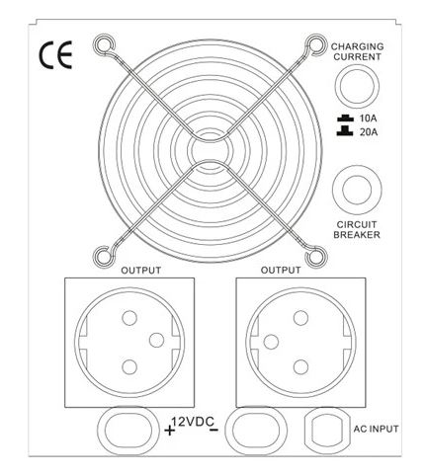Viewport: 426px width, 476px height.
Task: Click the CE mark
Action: pos(55,55)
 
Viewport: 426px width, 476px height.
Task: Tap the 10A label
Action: pos(369,119)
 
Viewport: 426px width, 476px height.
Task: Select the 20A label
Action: pos(369,132)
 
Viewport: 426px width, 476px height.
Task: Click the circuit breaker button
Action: pos(357,190)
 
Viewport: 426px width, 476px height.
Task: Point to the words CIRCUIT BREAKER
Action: pos(357,230)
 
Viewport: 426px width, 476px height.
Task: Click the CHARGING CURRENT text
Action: pos(357,51)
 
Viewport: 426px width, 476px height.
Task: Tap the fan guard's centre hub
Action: pos(210,151)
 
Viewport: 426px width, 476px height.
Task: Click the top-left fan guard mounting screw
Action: pos(104,44)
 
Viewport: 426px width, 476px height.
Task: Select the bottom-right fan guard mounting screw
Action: pos(315,256)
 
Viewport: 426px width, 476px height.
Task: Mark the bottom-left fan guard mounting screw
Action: pos(104,256)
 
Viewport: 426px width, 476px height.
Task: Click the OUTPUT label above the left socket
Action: pos(141,271)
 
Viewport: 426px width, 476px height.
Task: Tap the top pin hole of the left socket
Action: pos(129,318)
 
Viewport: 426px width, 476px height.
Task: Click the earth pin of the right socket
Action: pos(271,342)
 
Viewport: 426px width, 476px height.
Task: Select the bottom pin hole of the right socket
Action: pos(300,366)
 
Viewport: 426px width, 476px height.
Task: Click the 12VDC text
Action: pos(193,422)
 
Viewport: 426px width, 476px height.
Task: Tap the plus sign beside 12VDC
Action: pos(169,430)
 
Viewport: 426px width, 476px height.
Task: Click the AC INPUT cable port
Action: pos(327,429)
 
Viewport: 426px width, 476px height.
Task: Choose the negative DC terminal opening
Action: pos(256,431)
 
